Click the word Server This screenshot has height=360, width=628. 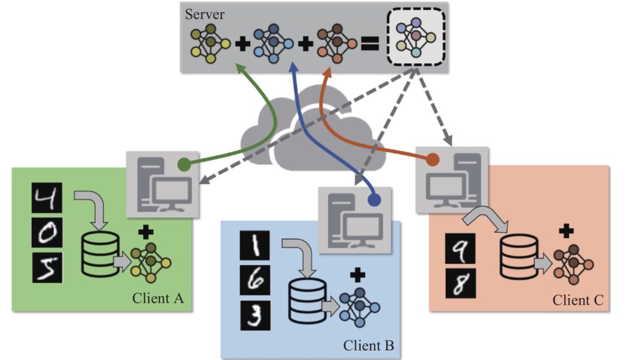pyautogui.click(x=204, y=15)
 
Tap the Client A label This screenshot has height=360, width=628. pyautogui.click(x=158, y=298)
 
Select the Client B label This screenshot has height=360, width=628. pyautogui.click(x=369, y=345)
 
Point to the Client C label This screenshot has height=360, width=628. pyautogui.click(x=578, y=300)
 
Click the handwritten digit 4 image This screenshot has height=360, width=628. pyautogui.click(x=47, y=198)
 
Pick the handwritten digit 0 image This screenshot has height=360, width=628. pyautogui.click(x=47, y=232)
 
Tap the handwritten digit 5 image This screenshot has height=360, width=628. pyautogui.click(x=47, y=267)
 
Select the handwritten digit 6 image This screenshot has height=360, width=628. pyautogui.click(x=255, y=280)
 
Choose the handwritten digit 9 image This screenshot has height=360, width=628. pyautogui.click(x=460, y=248)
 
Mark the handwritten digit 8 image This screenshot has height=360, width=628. pyautogui.click(x=461, y=283)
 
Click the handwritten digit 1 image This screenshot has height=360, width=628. pyautogui.click(x=255, y=245)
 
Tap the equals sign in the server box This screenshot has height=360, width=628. pyautogui.click(x=370, y=44)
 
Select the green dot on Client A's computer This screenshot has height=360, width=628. pyautogui.click(x=184, y=164)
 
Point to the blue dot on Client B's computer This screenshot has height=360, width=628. pyautogui.click(x=375, y=199)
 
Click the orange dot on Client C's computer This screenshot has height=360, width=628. pyautogui.click(x=432, y=159)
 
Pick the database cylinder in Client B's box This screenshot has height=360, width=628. pyautogui.click(x=308, y=301)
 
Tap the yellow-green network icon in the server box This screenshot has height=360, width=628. pyautogui.click(x=210, y=44)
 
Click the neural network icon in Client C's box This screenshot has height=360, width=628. pyautogui.click(x=573, y=264)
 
